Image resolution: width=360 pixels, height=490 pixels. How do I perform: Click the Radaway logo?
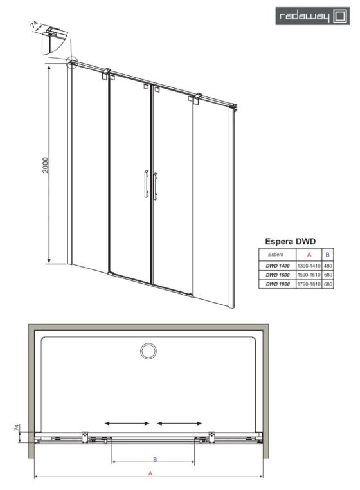coord(312,16)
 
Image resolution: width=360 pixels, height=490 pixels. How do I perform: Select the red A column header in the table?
coord(309,255)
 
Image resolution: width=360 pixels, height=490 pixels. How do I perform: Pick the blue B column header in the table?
coord(327,255)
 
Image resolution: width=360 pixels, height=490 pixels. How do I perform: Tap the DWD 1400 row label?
coord(278,266)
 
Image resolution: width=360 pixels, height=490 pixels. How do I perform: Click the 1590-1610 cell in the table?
coord(309,275)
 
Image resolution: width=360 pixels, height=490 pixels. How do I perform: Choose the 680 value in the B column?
coord(328,284)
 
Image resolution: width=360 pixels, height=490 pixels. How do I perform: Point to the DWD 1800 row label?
coord(278,284)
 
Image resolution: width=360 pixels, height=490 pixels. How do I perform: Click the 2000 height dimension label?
coord(46,165)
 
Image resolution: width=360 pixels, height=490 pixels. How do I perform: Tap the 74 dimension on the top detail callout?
coord(35,24)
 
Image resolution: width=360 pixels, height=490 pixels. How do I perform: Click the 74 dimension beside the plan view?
coord(17,428)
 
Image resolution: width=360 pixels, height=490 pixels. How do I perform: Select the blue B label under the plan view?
coord(155,459)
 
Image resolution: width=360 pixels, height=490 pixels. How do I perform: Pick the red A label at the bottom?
coord(150,473)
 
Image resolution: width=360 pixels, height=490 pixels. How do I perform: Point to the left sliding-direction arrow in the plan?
coord(127,423)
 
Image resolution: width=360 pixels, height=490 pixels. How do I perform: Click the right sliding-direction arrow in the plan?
coord(179,423)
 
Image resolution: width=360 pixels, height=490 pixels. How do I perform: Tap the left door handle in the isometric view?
coord(147,184)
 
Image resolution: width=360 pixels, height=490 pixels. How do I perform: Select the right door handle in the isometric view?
coord(156,186)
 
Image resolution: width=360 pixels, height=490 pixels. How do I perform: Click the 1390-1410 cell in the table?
coord(309,266)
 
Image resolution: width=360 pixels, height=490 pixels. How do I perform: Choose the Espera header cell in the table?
coord(276,255)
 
